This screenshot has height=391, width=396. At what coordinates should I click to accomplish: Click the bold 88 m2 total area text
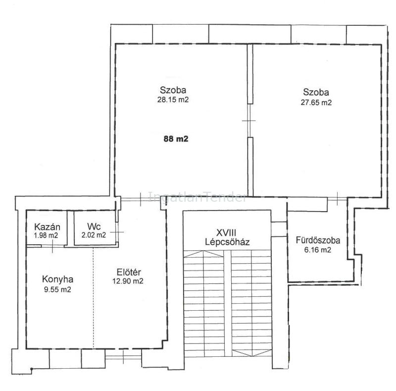click(x=176, y=139)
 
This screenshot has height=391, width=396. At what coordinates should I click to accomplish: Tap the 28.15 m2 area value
click(x=173, y=100)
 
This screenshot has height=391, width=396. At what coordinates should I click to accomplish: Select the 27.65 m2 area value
click(x=316, y=103)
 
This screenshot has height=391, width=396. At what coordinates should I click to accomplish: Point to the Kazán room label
click(x=47, y=226)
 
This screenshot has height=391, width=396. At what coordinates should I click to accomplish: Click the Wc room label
click(x=94, y=226)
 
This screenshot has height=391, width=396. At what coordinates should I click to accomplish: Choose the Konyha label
click(x=58, y=279)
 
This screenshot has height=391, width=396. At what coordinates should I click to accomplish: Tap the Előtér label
click(x=129, y=272)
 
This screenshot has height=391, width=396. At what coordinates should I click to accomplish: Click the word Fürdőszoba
click(x=318, y=240)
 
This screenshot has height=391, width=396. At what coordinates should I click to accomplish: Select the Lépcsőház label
click(x=227, y=242)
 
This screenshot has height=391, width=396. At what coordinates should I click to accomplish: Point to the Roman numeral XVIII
click(x=226, y=232)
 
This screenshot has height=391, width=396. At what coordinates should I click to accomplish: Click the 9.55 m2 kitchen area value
click(x=57, y=289)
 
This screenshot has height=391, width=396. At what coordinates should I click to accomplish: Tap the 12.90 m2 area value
click(x=128, y=281)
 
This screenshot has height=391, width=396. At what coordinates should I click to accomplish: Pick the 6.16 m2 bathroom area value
click(x=318, y=250)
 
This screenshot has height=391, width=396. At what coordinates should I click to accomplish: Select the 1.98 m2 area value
click(x=46, y=235)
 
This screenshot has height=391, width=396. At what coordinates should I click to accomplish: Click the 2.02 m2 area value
click(x=94, y=235)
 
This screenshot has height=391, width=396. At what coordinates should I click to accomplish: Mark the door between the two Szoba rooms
click(x=250, y=120)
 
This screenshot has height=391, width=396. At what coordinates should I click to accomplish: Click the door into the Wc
click(x=117, y=231)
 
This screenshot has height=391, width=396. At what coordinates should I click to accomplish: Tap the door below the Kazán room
click(x=52, y=246)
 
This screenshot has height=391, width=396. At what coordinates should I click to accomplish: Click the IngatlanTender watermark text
click(x=197, y=197)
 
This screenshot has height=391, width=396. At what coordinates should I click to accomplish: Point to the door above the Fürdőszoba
click(x=337, y=199)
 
